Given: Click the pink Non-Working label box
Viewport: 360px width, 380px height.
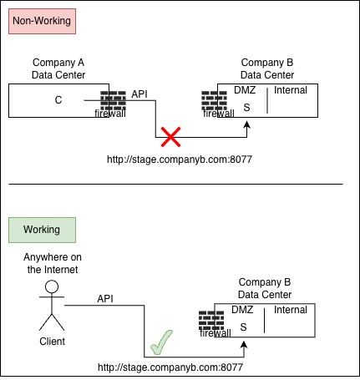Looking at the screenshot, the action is [42, 21].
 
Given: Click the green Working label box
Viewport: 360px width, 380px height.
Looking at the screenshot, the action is [42, 230].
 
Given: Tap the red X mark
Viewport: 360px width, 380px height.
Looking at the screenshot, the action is [170, 137].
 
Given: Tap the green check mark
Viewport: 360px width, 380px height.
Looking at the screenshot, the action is [161, 342].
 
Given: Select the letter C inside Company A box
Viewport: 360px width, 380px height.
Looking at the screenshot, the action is [58, 100].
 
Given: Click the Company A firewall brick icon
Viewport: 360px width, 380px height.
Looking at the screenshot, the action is [113, 100].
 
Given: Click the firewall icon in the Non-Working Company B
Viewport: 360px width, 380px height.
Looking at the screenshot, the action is [214, 100].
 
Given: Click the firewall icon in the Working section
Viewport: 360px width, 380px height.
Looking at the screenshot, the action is [211, 321].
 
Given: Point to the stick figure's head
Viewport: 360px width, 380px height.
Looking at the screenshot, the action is [52, 286].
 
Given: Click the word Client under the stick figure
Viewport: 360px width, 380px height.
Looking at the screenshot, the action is [52, 342].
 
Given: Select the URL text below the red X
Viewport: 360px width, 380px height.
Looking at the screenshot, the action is [180, 160].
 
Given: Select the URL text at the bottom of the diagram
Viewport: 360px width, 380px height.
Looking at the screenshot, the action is [170, 367].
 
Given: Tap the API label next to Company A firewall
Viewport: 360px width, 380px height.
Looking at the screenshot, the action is [139, 94].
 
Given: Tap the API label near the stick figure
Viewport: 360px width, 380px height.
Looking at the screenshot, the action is [105, 299].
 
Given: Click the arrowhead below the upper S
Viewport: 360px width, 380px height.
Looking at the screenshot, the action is [246, 124].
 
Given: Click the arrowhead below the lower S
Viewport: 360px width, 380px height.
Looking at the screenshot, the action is [244, 344].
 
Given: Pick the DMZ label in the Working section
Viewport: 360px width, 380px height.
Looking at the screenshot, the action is [242, 310].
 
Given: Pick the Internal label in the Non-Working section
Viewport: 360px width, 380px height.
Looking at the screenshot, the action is [291, 90].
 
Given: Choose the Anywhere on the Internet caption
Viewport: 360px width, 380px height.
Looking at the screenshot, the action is [53, 263].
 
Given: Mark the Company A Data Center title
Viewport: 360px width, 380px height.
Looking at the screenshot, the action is [58, 68].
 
